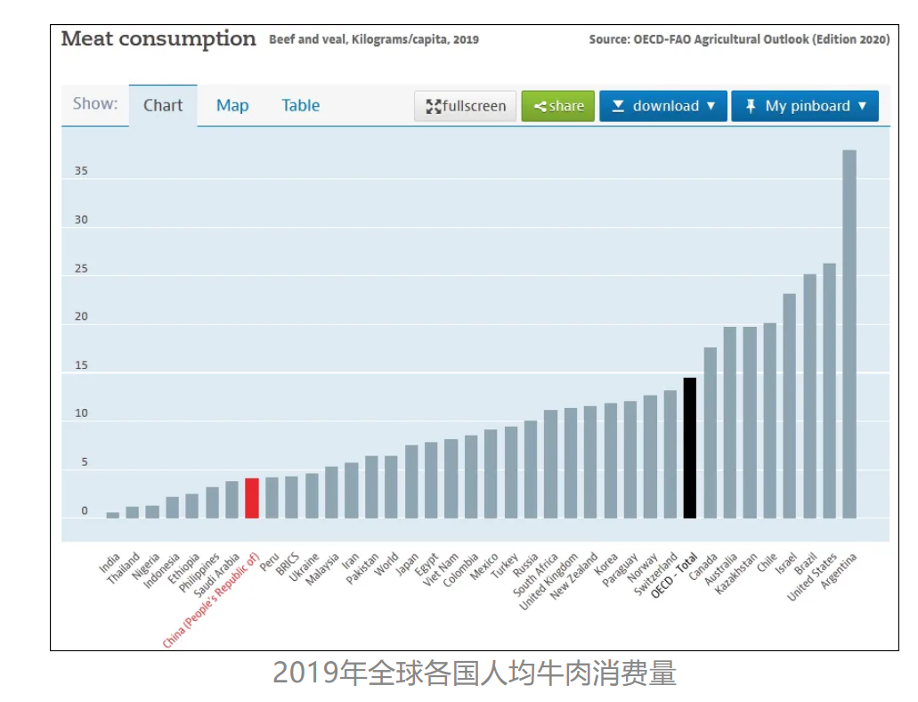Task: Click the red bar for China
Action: tap(252, 498)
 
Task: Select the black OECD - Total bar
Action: tap(689, 447)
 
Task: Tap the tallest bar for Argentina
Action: tap(849, 334)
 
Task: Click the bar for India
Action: tap(112, 515)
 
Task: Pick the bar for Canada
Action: tap(710, 432)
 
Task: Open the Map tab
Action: tap(232, 105)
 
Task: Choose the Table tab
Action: tap(300, 105)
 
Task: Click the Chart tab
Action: tap(163, 105)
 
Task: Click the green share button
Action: tap(558, 106)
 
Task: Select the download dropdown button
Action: tap(663, 106)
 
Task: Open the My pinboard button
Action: tap(805, 106)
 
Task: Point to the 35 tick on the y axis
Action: tap(81, 171)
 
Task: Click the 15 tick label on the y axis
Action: tap(81, 365)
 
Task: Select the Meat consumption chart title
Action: tap(158, 39)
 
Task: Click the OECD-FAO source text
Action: tap(739, 40)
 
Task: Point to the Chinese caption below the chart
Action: tap(475, 673)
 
